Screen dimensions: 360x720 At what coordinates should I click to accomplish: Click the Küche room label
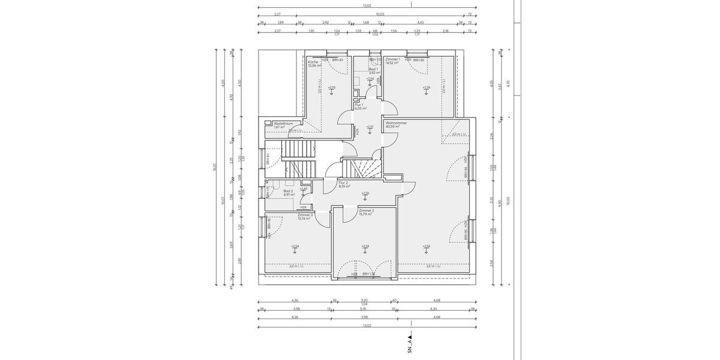pos(313,62)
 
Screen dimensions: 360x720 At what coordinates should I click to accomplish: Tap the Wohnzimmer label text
pos(396,123)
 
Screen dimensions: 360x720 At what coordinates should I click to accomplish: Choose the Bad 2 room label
pos(288,191)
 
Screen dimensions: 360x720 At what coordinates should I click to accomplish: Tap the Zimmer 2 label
pos(366,211)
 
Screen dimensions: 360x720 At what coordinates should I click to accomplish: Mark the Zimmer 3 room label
pos(305,215)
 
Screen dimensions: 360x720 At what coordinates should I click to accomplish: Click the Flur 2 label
pos(343,182)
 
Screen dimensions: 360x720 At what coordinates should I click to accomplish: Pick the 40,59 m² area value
pos(393,127)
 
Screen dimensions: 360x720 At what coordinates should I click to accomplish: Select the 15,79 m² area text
pos(365,215)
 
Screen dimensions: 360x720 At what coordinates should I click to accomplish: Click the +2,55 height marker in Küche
pos(332,88)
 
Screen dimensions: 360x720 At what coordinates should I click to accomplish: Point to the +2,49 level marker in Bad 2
pos(304,188)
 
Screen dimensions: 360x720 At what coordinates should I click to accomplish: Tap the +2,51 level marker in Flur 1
pos(370,127)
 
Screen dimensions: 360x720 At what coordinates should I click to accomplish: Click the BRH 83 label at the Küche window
pos(337,60)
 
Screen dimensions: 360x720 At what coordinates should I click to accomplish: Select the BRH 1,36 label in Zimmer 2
pos(368,274)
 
